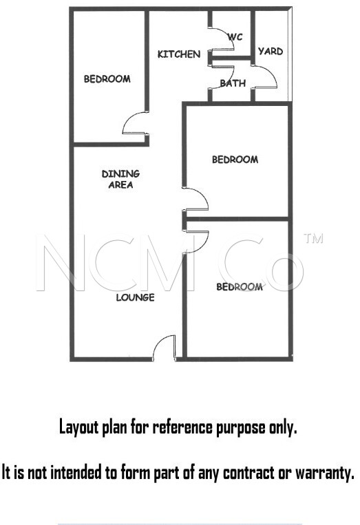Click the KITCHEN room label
pyautogui.click(x=179, y=54)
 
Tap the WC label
pyautogui.click(x=235, y=36)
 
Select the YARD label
pyautogui.click(x=271, y=51)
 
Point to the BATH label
pyautogui.click(x=233, y=83)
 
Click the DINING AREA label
pyautogui.click(x=120, y=179)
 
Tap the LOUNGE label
pyautogui.click(x=136, y=297)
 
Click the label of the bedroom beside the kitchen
pyautogui.click(x=107, y=79)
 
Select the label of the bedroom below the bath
pyautogui.click(x=235, y=160)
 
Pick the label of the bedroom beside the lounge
pyautogui.click(x=240, y=287)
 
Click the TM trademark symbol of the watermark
pyautogui.click(x=313, y=238)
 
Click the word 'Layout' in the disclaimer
pyautogui.click(x=79, y=427)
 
